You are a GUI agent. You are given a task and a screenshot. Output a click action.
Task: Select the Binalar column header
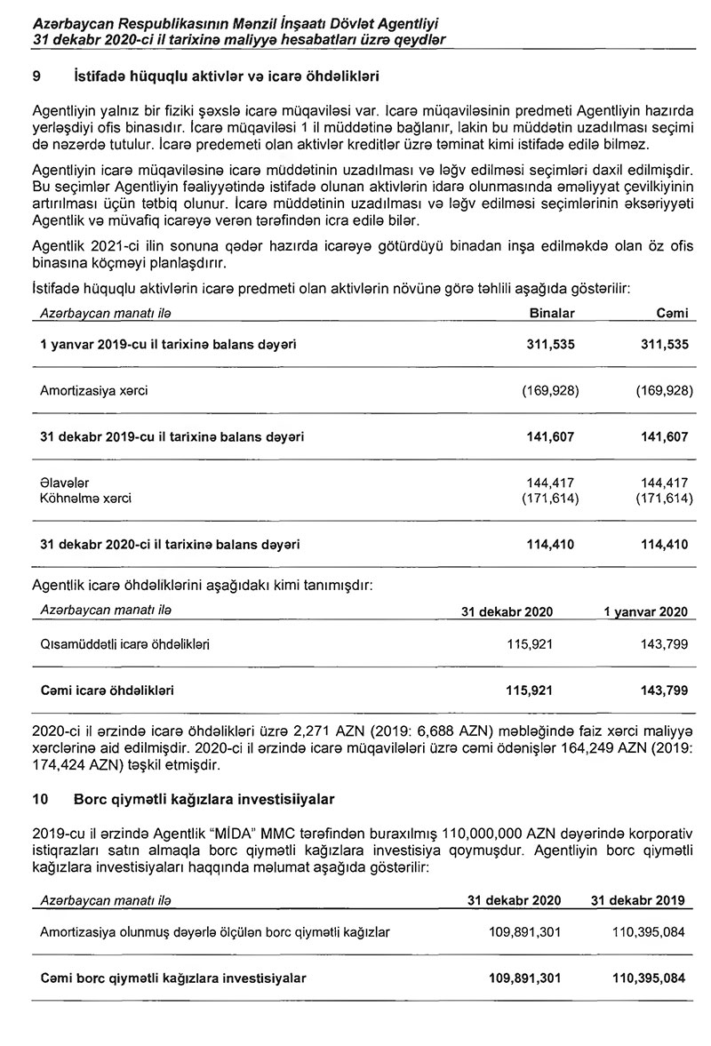coord(552,314)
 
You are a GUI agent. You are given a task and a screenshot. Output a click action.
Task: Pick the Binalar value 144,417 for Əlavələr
coord(551,483)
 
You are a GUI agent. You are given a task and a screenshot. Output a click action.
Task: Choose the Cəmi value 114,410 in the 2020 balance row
coord(664,544)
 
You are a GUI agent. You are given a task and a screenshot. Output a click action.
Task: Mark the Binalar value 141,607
coord(551,436)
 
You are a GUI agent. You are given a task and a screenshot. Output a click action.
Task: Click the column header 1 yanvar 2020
coord(645,612)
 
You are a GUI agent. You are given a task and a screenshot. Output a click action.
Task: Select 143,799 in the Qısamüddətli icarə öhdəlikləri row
coord(663,642)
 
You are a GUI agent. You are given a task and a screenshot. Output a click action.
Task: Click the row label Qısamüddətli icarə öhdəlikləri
coord(125,642)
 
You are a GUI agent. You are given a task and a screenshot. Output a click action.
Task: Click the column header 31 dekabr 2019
coord(637,900)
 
